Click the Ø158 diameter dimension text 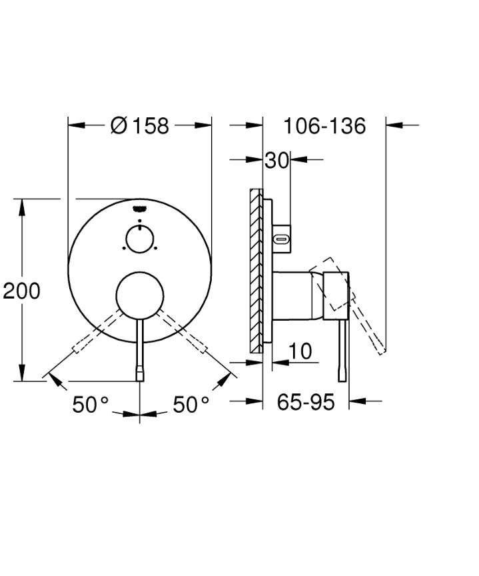pos(140,125)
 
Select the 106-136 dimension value pos(324,125)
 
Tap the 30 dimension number pos(276,160)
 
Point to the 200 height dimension pos(21,291)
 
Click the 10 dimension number pos(300,351)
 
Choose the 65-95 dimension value pos(306,402)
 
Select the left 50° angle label pos(90,404)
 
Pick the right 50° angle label pos(191,404)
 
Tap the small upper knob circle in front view pos(140,238)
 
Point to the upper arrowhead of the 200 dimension pos(22,206)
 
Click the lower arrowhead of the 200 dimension pos(22,373)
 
